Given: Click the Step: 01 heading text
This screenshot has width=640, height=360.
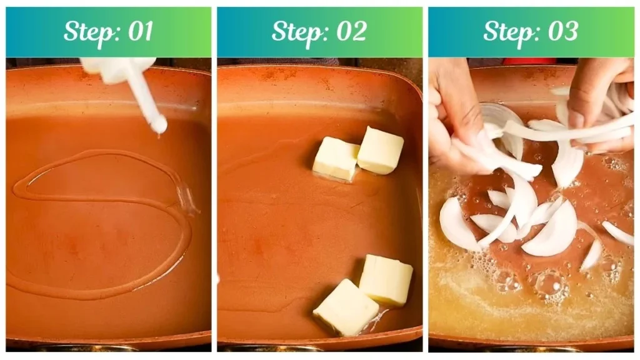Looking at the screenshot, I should tap(109, 32).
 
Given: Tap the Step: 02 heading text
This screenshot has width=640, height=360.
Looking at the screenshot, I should tap(319, 32).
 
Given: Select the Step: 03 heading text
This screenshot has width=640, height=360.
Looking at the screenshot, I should tap(531, 32).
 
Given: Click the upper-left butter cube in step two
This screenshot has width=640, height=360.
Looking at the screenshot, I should tap(335, 158).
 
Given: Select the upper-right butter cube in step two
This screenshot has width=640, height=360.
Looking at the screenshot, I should tap(380, 150).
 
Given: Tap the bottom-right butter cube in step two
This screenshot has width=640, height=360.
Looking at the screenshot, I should tap(386, 279).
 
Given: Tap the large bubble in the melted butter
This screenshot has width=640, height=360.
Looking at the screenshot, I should tap(549, 284).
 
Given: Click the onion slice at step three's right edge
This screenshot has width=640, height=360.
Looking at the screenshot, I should tap(617, 233).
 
